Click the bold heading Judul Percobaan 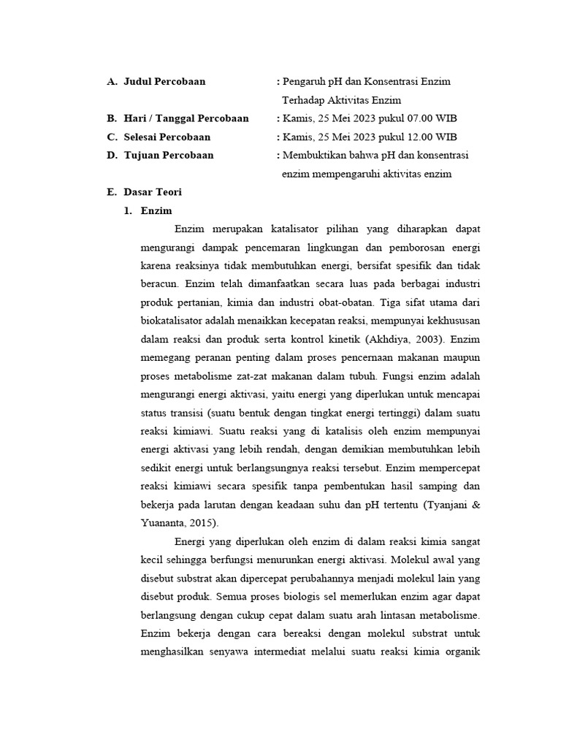click(x=164, y=82)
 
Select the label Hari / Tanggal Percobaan click(x=186, y=118)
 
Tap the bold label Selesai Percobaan click(x=167, y=137)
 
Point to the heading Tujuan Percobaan click(x=169, y=156)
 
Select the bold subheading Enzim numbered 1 click(x=156, y=211)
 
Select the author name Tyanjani click(x=446, y=505)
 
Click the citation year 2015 click(x=202, y=523)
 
